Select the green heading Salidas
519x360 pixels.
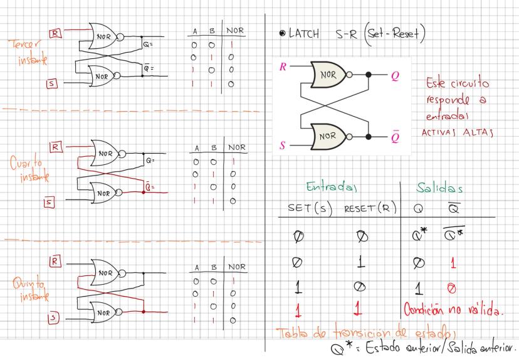tap(442, 186)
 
